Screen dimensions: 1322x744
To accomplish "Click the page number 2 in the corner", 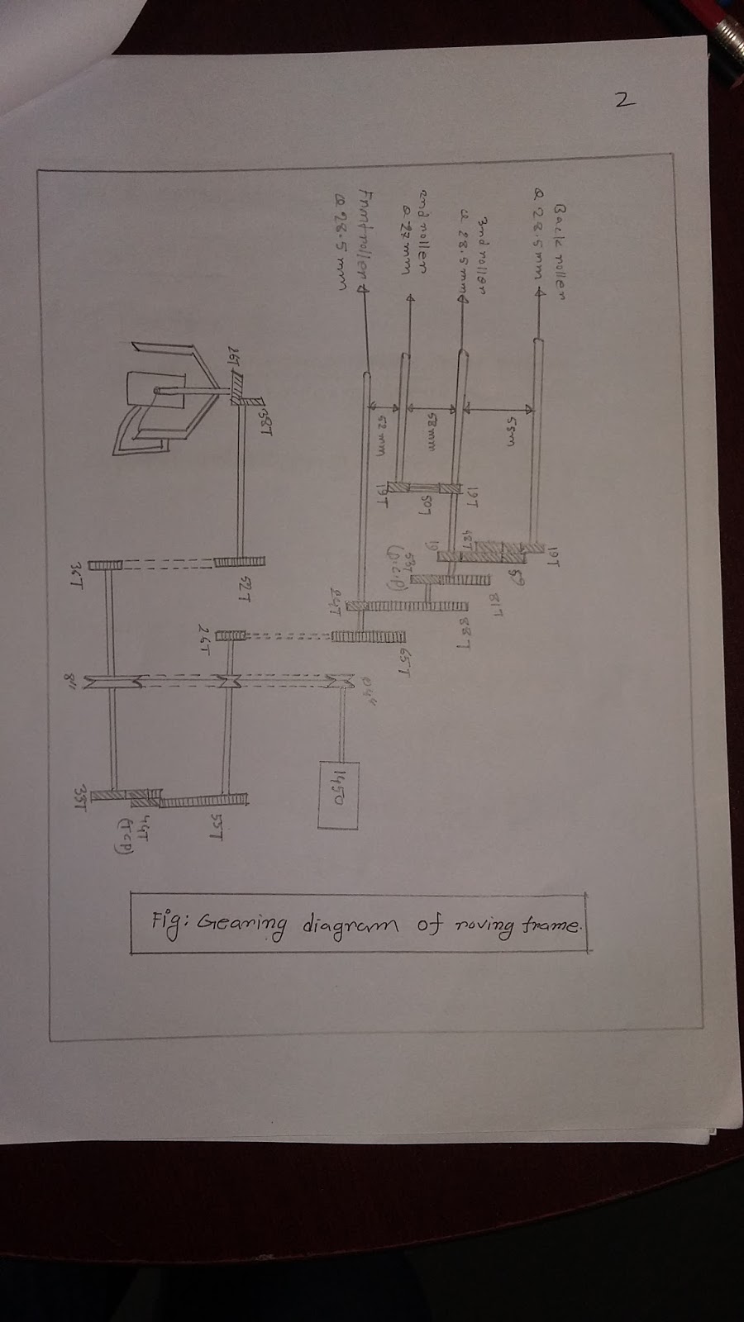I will point(624,101).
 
